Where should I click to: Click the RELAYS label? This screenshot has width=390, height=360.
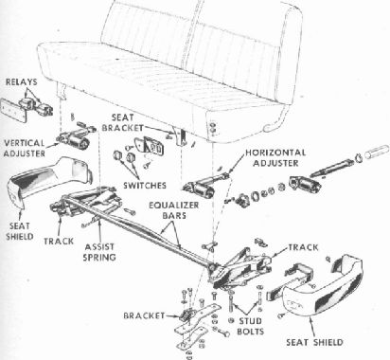coord(22,82)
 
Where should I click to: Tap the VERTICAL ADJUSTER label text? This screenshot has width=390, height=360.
coord(25,148)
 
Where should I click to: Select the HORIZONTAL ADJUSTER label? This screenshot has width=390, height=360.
coord(275,157)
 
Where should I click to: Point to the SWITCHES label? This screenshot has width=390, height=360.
coord(145,185)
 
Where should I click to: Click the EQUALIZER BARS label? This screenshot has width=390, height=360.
coord(174,210)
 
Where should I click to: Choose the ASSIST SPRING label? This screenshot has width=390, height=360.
coord(99,252)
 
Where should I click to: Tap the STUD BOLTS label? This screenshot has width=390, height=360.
coord(250,326)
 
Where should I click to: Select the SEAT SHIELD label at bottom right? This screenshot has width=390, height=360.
coord(314,342)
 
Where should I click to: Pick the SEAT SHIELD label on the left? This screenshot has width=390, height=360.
coord(20,231)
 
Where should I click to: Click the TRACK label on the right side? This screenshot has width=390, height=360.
coord(303,247)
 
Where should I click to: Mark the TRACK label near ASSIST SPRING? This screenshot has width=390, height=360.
coord(59,242)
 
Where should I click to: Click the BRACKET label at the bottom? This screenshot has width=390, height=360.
coord(144,315)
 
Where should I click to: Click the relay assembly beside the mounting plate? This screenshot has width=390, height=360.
coord(35,105)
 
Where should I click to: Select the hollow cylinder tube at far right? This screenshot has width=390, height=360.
coord(377,152)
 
